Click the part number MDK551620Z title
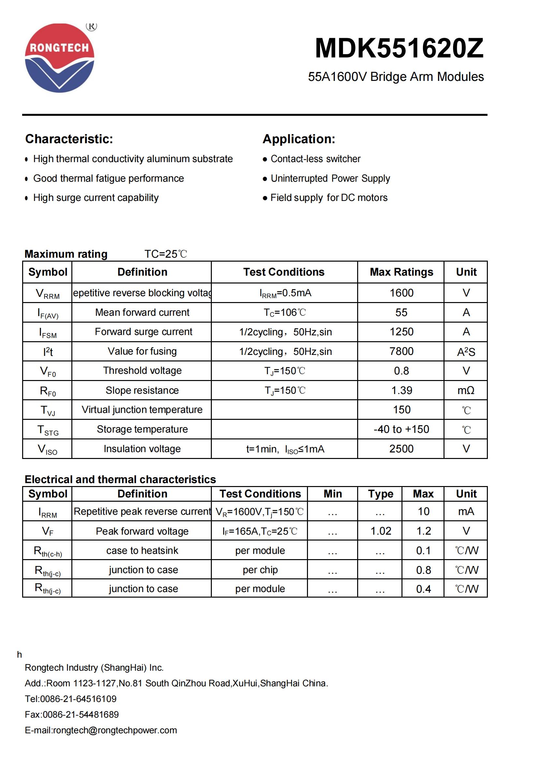pyautogui.click(x=399, y=49)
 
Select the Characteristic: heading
pyautogui.click(x=69, y=139)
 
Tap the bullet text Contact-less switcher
pyautogui.click(x=315, y=159)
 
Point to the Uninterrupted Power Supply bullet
pyautogui.click(x=330, y=178)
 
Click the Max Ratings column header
pyautogui.click(x=401, y=272)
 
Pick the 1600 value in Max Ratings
pyautogui.click(x=401, y=293)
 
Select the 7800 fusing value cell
pyautogui.click(x=401, y=351)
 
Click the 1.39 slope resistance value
pyautogui.click(x=401, y=390)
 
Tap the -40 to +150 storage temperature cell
pyautogui.click(x=401, y=429)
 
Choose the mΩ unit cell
pyautogui.click(x=466, y=390)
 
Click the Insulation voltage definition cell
pyautogui.click(x=142, y=449)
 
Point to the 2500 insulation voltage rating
pyautogui.click(x=401, y=449)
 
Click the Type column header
pyautogui.click(x=380, y=494)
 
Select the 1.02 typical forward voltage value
pyautogui.click(x=381, y=531)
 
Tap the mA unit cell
pyautogui.click(x=466, y=511)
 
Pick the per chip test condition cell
pyautogui.click(x=260, y=570)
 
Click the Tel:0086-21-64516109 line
pyautogui.click(x=71, y=699)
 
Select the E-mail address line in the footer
pyautogui.click(x=101, y=730)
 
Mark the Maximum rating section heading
pyautogui.click(x=66, y=254)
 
